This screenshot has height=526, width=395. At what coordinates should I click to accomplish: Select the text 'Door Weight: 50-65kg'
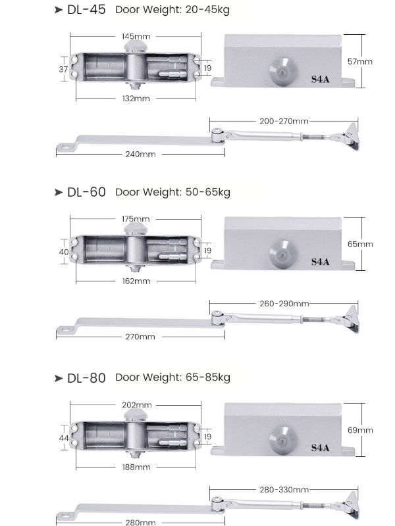(x=172, y=192)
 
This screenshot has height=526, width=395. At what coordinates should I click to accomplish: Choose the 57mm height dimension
(x=360, y=61)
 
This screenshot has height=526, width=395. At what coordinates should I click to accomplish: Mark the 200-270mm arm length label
(x=283, y=121)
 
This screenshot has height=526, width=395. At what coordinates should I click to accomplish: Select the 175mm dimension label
(x=136, y=218)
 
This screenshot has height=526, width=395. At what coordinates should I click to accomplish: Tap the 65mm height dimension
(x=360, y=244)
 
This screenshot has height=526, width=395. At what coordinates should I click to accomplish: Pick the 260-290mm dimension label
(x=283, y=304)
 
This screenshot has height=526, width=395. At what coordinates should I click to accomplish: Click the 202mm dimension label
(x=136, y=404)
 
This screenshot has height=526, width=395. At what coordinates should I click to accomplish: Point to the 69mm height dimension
(x=360, y=430)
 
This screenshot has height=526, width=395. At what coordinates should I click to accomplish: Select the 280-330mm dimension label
(x=283, y=490)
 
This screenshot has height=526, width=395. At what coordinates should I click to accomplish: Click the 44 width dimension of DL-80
(x=64, y=437)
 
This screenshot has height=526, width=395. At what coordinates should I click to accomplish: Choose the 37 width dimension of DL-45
(x=64, y=68)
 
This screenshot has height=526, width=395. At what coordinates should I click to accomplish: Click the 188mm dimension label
(x=136, y=467)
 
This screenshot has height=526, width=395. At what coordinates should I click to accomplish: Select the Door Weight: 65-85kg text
(x=172, y=377)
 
